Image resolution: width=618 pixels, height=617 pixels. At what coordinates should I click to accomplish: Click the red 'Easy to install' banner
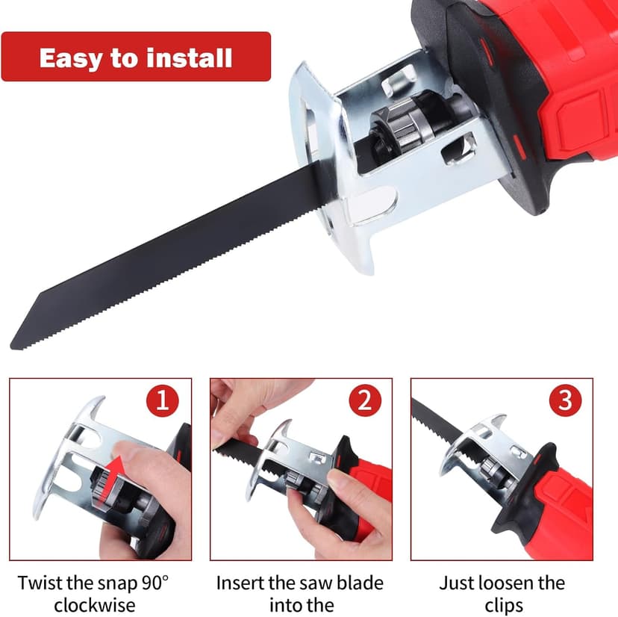pos(135,57)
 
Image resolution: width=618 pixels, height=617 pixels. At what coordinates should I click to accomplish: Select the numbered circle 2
pos(364,402)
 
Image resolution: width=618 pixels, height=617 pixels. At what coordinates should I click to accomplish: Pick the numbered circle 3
pos(565,402)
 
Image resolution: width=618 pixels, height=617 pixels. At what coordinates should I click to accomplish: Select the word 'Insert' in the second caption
pos(240,583)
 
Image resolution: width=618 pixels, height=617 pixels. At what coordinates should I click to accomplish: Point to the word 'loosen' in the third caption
pos(502,583)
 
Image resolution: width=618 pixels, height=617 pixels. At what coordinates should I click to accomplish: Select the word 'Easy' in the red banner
pos(69,58)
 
